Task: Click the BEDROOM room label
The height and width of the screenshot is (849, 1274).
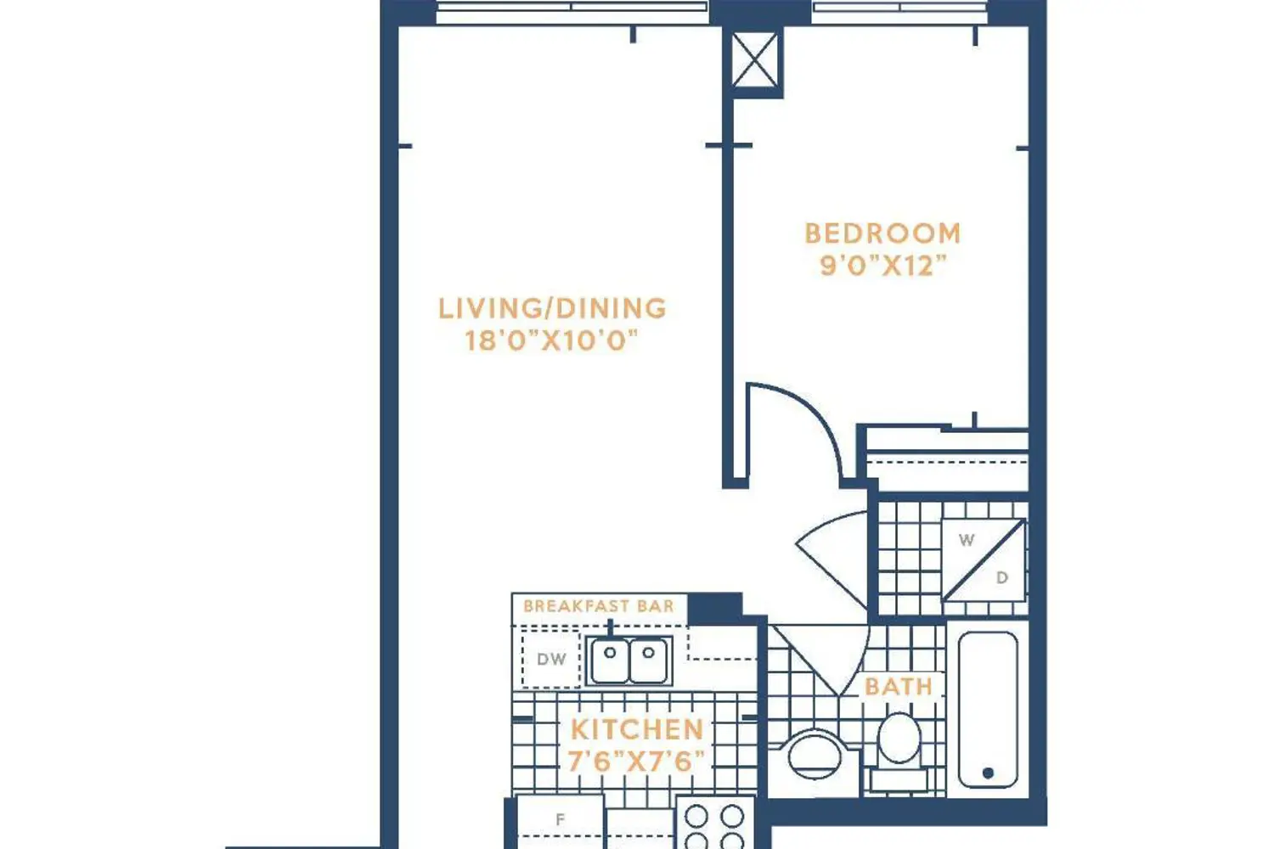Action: click(x=882, y=233)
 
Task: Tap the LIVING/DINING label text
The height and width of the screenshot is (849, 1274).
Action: click(x=552, y=308)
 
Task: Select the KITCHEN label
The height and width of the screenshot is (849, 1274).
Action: click(x=637, y=729)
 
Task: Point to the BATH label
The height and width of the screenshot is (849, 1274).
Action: click(x=899, y=686)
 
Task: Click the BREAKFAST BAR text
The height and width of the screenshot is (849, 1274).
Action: click(x=598, y=605)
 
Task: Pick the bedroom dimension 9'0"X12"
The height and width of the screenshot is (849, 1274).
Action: click(x=883, y=266)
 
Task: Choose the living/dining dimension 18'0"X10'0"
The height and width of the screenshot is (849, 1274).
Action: click(x=551, y=340)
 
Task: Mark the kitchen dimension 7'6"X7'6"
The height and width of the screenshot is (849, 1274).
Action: click(x=636, y=761)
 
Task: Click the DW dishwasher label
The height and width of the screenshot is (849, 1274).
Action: click(x=551, y=659)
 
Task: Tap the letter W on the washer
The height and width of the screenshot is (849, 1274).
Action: click(x=967, y=540)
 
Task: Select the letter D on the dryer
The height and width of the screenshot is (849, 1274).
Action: click(x=1002, y=578)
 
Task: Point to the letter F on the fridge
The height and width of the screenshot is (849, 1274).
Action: click(x=561, y=819)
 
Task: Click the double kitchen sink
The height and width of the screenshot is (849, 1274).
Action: click(x=629, y=661)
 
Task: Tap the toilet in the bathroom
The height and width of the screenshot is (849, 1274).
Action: click(x=899, y=751)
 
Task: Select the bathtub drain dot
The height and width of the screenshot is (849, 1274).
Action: click(x=988, y=773)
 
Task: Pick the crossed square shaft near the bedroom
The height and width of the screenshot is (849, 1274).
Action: click(x=754, y=60)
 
